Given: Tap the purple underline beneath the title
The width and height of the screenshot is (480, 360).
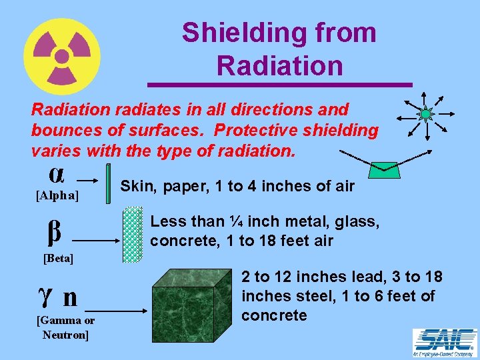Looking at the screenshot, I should [279, 85].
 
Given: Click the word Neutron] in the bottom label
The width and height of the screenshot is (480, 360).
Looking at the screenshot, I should [65, 334].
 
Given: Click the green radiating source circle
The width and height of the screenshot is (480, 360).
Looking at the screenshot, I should [425, 114].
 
